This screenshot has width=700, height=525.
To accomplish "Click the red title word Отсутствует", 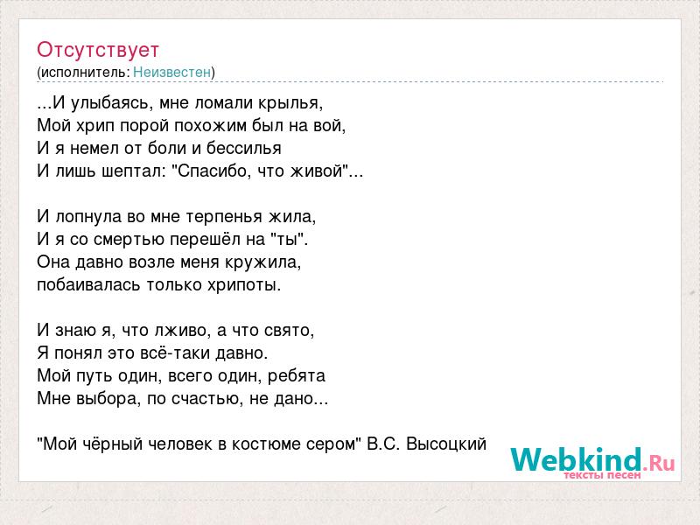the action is point(98,50).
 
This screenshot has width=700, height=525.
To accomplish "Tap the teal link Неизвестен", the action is point(171,72).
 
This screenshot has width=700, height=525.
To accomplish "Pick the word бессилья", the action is point(244,148).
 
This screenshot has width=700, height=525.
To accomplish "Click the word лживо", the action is point(180,331).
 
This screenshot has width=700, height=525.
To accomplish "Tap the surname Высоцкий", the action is point(446,444).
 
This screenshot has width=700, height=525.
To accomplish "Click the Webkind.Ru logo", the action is point(592,463).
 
